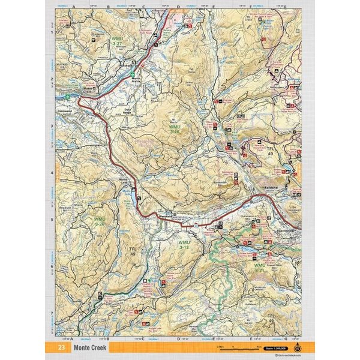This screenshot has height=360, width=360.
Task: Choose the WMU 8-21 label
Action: (259, 267)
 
